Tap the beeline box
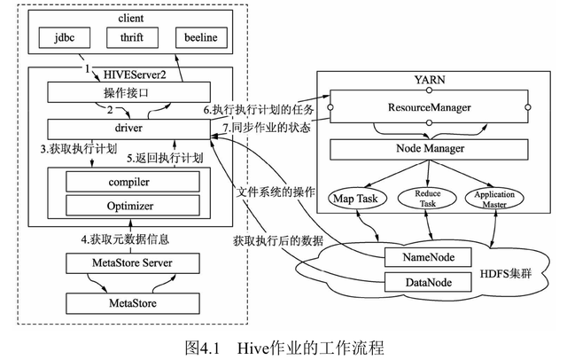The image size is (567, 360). click(x=200, y=39)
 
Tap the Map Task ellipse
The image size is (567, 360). click(x=354, y=198)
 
